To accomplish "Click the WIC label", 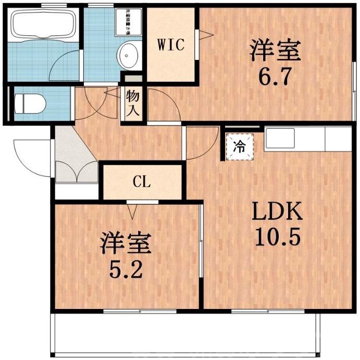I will [171, 45].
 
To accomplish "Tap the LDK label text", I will [277, 212].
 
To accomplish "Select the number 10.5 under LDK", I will [277, 238].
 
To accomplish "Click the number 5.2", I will [126, 269].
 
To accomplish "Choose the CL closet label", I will [142, 182].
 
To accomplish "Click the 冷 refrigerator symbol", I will [240, 146].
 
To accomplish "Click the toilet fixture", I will [29, 104].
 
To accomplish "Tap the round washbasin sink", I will [128, 54].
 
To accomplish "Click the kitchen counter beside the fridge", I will [307, 140].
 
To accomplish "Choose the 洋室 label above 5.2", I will [126, 243].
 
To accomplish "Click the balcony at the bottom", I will [182, 333].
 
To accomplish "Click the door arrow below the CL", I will [133, 211].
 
